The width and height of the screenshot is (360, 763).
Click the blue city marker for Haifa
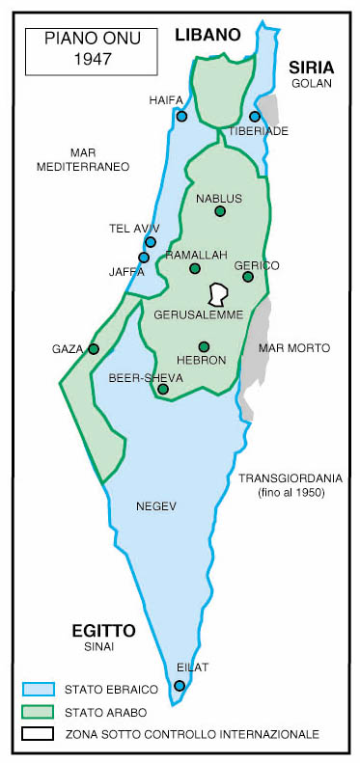pyautogui.click(x=181, y=116)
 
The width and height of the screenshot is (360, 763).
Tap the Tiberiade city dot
pyautogui.click(x=255, y=117)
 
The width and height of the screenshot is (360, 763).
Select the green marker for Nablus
pyautogui.click(x=220, y=211)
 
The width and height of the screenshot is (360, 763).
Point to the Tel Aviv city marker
pyautogui.click(x=151, y=242)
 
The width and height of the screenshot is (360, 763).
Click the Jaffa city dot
pyautogui.click(x=144, y=258)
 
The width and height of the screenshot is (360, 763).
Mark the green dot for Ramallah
pyautogui.click(x=195, y=269)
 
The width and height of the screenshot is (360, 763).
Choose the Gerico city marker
pyautogui.click(x=248, y=277)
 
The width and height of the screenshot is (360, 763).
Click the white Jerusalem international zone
pyautogui.click(x=219, y=293)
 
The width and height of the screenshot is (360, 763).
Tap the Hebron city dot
pyautogui.click(x=204, y=346)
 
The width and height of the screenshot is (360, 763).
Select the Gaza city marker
pyautogui.click(x=94, y=349)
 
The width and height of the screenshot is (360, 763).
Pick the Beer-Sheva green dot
pyautogui.click(x=163, y=390)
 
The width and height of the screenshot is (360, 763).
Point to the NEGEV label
pyautogui.click(x=156, y=505)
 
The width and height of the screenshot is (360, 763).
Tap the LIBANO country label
pyautogui.click(x=207, y=35)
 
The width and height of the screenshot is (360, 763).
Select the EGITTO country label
pyautogui.click(x=103, y=631)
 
